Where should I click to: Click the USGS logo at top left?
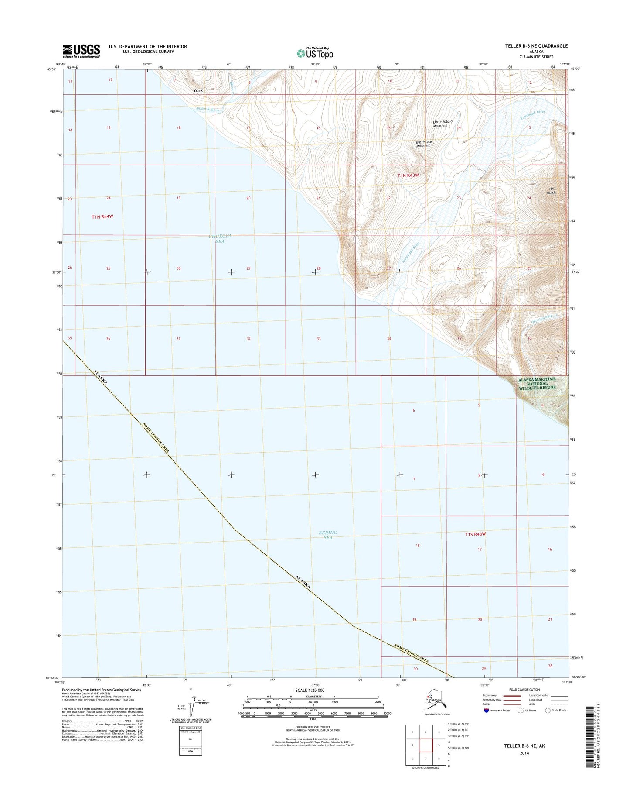point(81,51)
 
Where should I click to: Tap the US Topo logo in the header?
point(315,53)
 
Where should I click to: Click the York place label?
point(198,90)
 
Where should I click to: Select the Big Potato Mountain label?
point(423,144)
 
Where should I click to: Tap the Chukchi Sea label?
point(220,239)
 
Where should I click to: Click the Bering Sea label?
point(328,535)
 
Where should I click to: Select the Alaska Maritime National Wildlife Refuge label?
point(537,384)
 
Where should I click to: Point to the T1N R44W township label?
point(102,216)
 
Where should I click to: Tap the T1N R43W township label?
point(408,175)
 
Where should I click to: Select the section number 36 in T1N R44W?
point(108,339)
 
